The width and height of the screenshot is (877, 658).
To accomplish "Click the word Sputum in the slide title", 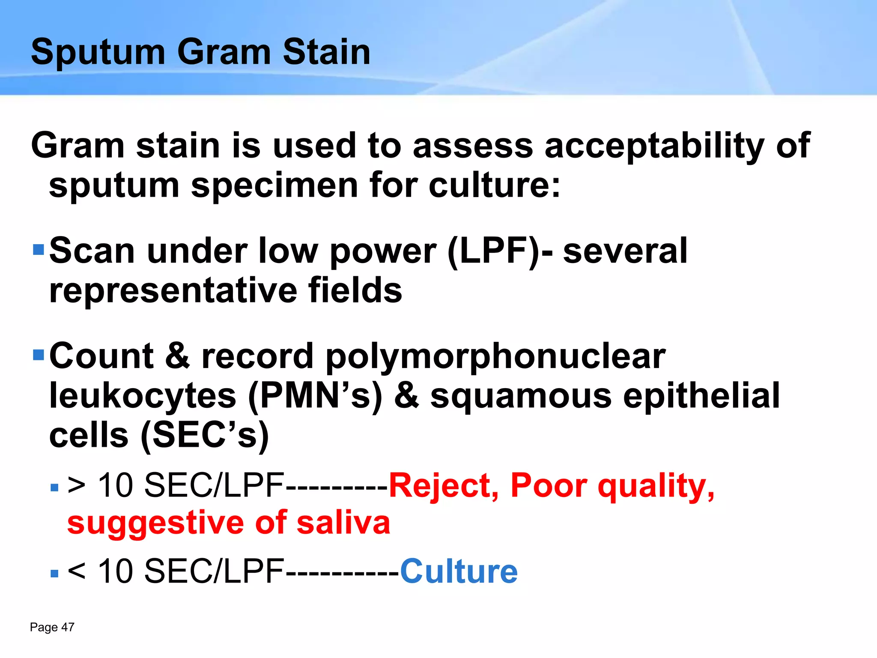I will click(98, 52).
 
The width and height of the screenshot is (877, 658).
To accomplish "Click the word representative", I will click(173, 290).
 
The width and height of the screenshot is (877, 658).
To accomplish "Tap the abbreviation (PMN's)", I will click(315, 396).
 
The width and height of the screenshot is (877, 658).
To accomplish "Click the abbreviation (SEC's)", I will click(205, 436).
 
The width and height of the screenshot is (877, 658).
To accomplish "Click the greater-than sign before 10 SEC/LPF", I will click(77, 486).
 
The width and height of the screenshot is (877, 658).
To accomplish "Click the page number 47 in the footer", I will click(68, 627).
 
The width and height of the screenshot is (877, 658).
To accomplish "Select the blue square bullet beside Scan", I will click(39, 249).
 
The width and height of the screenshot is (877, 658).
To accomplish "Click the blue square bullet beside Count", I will click(39, 355).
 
